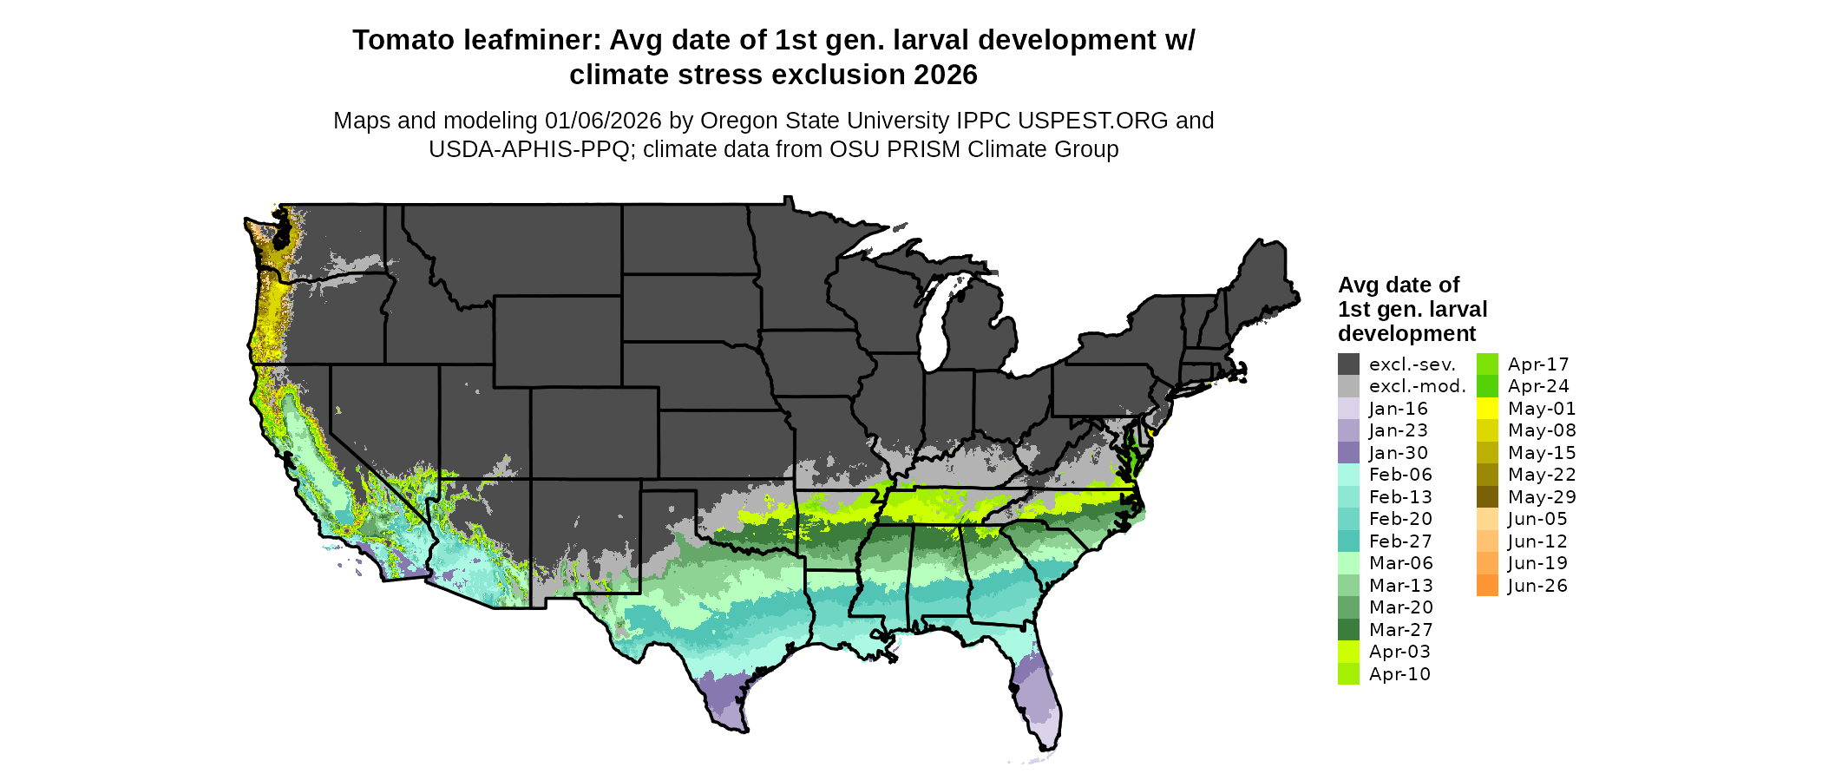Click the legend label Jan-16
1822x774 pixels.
click(1398, 409)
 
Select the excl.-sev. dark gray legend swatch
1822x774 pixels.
click(1348, 364)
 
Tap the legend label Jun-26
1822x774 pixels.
click(1537, 586)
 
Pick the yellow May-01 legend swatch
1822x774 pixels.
click(1487, 409)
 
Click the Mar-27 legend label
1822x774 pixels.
click(1400, 630)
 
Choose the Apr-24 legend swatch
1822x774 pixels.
click(1487, 386)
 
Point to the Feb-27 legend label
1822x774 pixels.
click(1400, 541)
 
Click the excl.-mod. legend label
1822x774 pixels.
click(1417, 386)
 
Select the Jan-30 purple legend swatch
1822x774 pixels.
click(1348, 453)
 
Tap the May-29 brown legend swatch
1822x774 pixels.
click(1487, 497)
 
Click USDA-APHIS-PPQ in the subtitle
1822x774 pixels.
click(529, 149)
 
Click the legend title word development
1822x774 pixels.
click(1406, 334)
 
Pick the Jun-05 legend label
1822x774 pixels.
click(1537, 519)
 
